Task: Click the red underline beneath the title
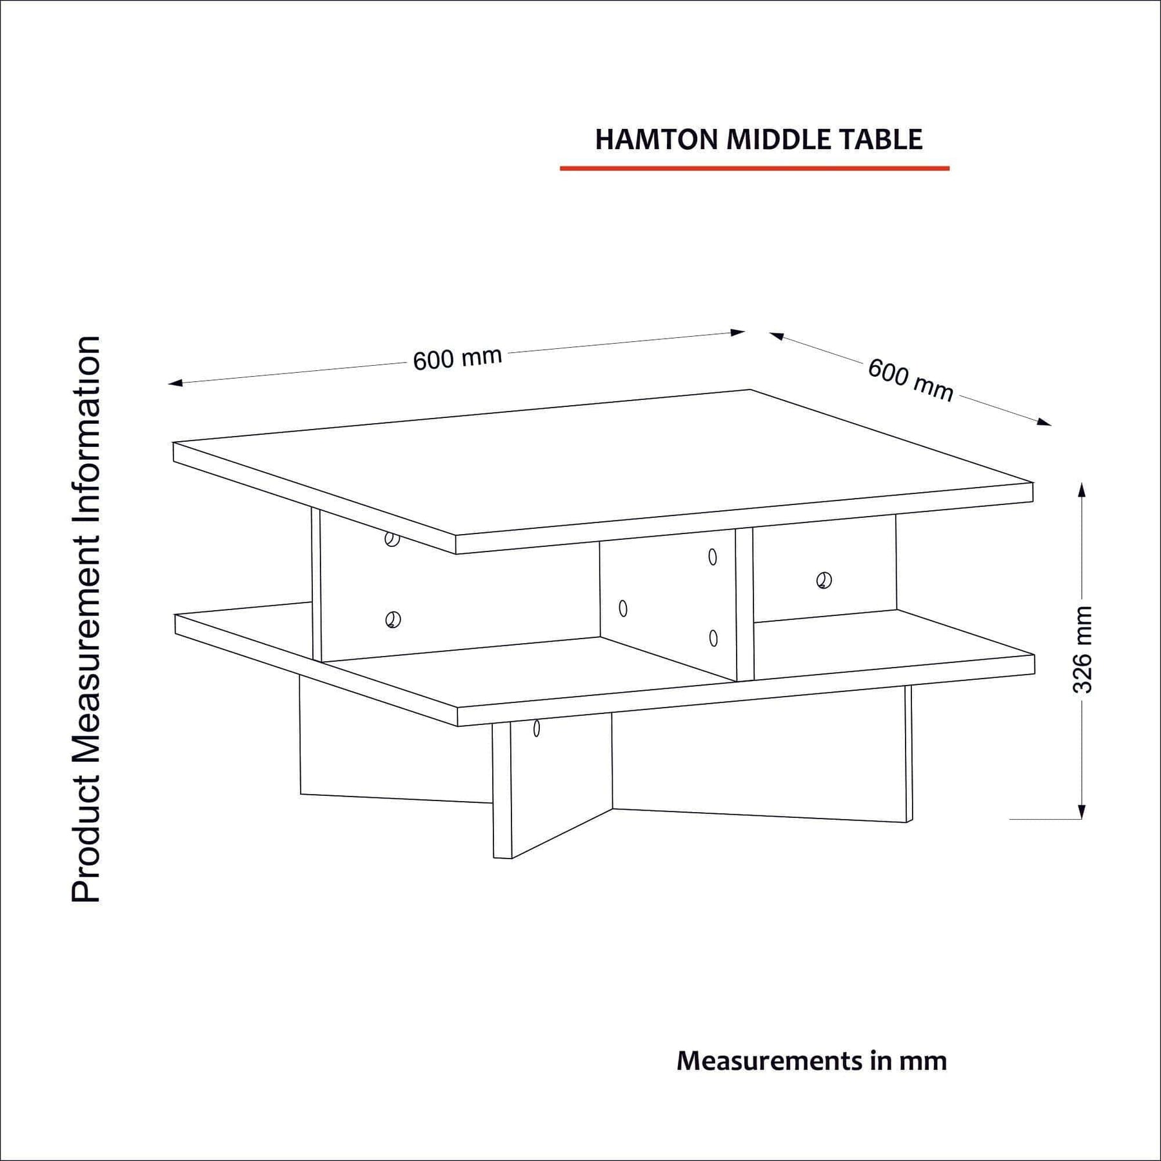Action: [x=755, y=168]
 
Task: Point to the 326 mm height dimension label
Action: [x=1083, y=650]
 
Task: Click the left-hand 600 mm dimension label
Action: [x=457, y=359]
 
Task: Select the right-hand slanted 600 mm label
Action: [x=910, y=380]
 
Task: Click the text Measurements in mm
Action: [x=811, y=1060]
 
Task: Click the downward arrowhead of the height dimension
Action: [x=1082, y=811]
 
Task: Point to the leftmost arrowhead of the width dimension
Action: [x=176, y=383]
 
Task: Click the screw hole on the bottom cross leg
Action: [x=537, y=729]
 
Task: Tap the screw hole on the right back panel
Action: [x=824, y=580]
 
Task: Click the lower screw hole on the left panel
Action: [x=393, y=620]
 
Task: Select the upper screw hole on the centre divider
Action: [x=713, y=557]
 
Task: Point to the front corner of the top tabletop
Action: [x=456, y=535]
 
